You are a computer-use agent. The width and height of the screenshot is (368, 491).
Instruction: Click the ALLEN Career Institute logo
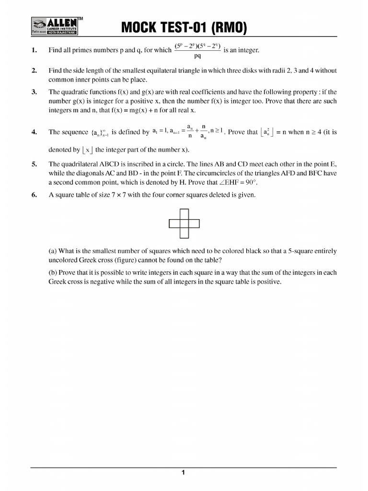55,27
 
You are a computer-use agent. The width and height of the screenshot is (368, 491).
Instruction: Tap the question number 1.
34,50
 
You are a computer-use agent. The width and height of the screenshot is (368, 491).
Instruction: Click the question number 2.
34,70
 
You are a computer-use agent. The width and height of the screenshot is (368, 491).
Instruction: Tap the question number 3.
34,92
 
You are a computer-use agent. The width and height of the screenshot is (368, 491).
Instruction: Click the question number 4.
34,132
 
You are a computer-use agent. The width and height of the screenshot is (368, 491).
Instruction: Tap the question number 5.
34,164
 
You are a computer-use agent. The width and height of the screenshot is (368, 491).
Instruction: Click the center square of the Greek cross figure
184,223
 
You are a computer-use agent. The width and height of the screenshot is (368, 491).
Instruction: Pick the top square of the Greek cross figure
184,214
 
